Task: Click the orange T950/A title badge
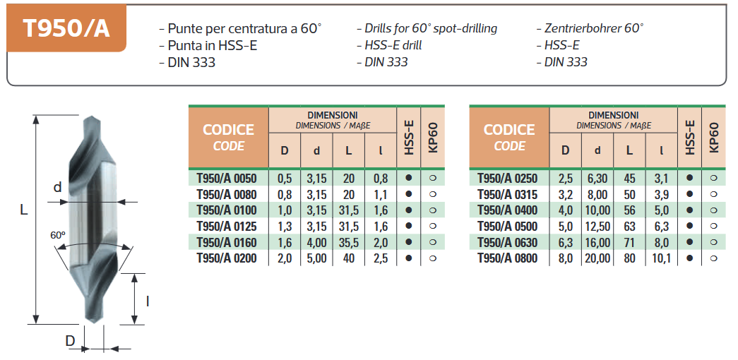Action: [x=66, y=28]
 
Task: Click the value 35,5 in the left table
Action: [x=348, y=243]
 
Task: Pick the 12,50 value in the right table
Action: [x=597, y=227]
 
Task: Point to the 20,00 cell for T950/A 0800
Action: [x=597, y=258]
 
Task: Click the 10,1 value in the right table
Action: [x=661, y=258]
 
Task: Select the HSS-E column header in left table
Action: [x=408, y=138]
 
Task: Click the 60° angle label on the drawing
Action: [x=58, y=234]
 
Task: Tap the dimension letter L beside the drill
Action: [x=23, y=210]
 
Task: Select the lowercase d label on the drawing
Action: [x=58, y=188]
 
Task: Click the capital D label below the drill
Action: [x=70, y=341]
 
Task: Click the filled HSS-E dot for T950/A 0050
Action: [x=408, y=178]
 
